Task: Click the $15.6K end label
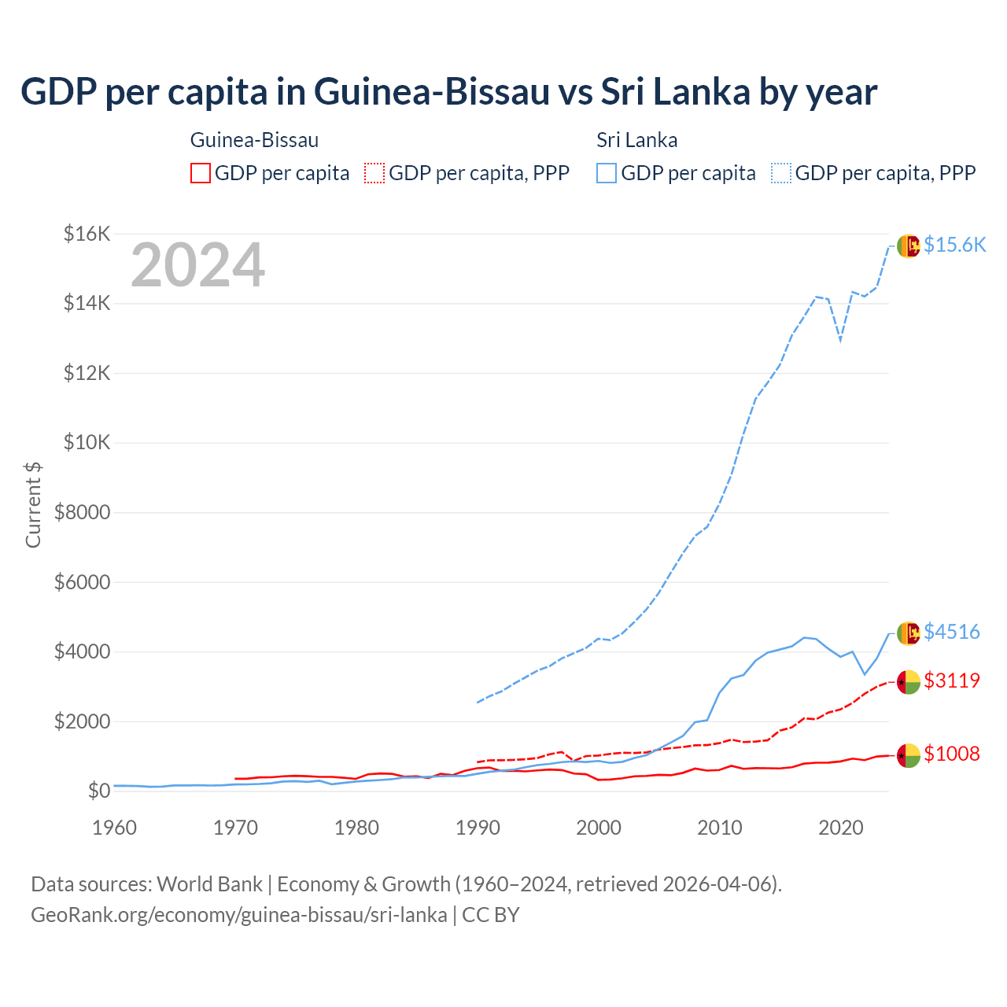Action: pos(954,245)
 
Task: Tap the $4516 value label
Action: pos(952,632)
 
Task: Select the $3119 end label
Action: pos(952,681)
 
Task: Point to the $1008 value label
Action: pos(952,754)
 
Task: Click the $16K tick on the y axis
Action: pos(87,234)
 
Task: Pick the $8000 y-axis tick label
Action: pos(83,513)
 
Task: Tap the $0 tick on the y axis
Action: pos(98,791)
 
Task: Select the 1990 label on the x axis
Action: pos(478,828)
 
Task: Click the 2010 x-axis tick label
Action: pos(720,828)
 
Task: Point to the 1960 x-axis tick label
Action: pos(115,828)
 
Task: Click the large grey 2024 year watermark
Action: pos(197,265)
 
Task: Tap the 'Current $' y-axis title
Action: pos(33,504)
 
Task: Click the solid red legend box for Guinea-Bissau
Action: pos(201,173)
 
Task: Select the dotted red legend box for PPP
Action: pos(374,173)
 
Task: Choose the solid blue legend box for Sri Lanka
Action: pos(607,173)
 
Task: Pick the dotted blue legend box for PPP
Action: pos(781,173)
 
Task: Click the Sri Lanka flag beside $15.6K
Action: pos(909,245)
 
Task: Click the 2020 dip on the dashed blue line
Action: pos(840,341)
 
